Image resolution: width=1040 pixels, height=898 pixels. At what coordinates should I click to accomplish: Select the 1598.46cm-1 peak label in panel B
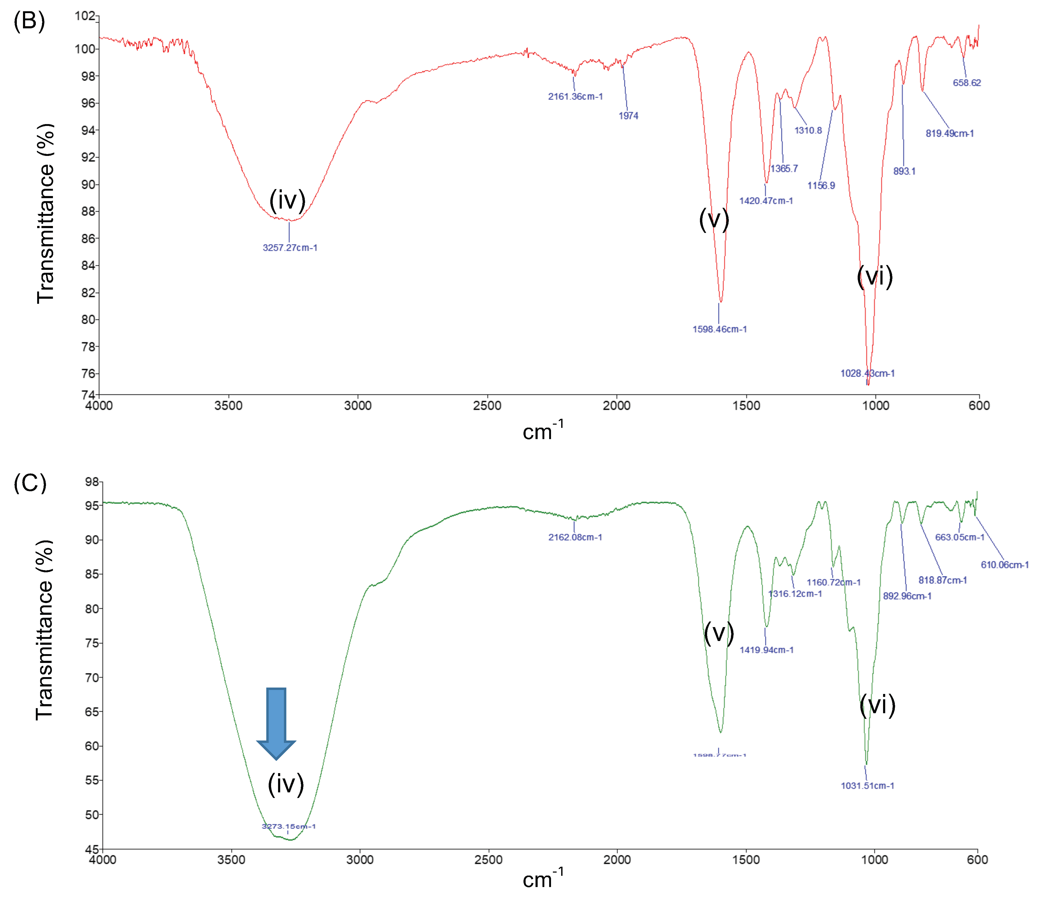coord(719,329)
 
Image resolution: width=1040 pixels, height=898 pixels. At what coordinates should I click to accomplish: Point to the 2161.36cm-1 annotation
coord(575,96)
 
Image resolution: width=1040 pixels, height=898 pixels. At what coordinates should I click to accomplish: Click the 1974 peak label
coord(628,116)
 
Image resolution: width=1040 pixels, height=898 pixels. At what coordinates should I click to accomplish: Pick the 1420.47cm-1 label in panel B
coord(766,201)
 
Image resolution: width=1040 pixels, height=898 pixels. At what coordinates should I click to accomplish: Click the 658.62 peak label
coord(967,83)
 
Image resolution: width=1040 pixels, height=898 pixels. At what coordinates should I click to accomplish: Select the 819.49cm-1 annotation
coord(950,133)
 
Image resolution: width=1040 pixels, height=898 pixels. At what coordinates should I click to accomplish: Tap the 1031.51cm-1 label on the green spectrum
coord(867,786)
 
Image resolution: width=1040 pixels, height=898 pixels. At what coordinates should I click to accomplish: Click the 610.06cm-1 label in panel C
coord(1004,565)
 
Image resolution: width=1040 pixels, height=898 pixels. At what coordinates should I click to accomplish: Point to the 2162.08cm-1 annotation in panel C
coord(575,537)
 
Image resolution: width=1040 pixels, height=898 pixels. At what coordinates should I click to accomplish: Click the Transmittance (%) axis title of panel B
coord(45,213)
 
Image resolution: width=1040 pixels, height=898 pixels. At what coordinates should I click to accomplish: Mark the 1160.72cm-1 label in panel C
coord(834,582)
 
